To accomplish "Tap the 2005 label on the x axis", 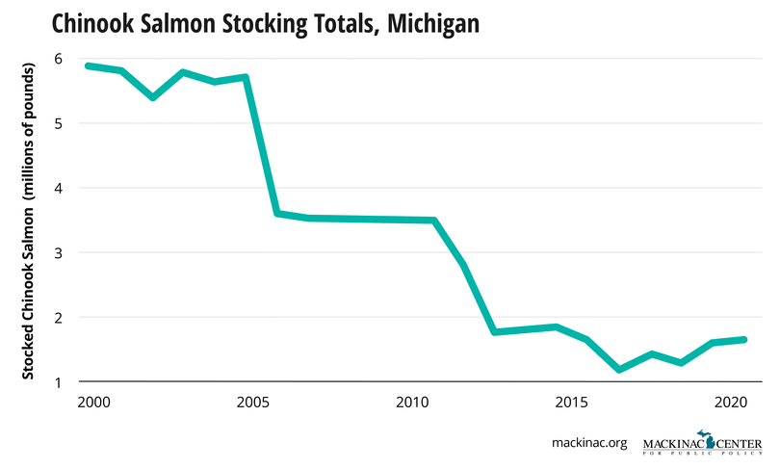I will coord(252,401).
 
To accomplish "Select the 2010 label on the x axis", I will coord(412,401).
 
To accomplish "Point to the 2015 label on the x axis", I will coord(574,401).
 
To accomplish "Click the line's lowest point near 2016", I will coord(620,370).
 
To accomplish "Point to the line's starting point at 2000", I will coord(88,65).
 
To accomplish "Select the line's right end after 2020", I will coord(744,339).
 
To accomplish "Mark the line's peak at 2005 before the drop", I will coord(247,77).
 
